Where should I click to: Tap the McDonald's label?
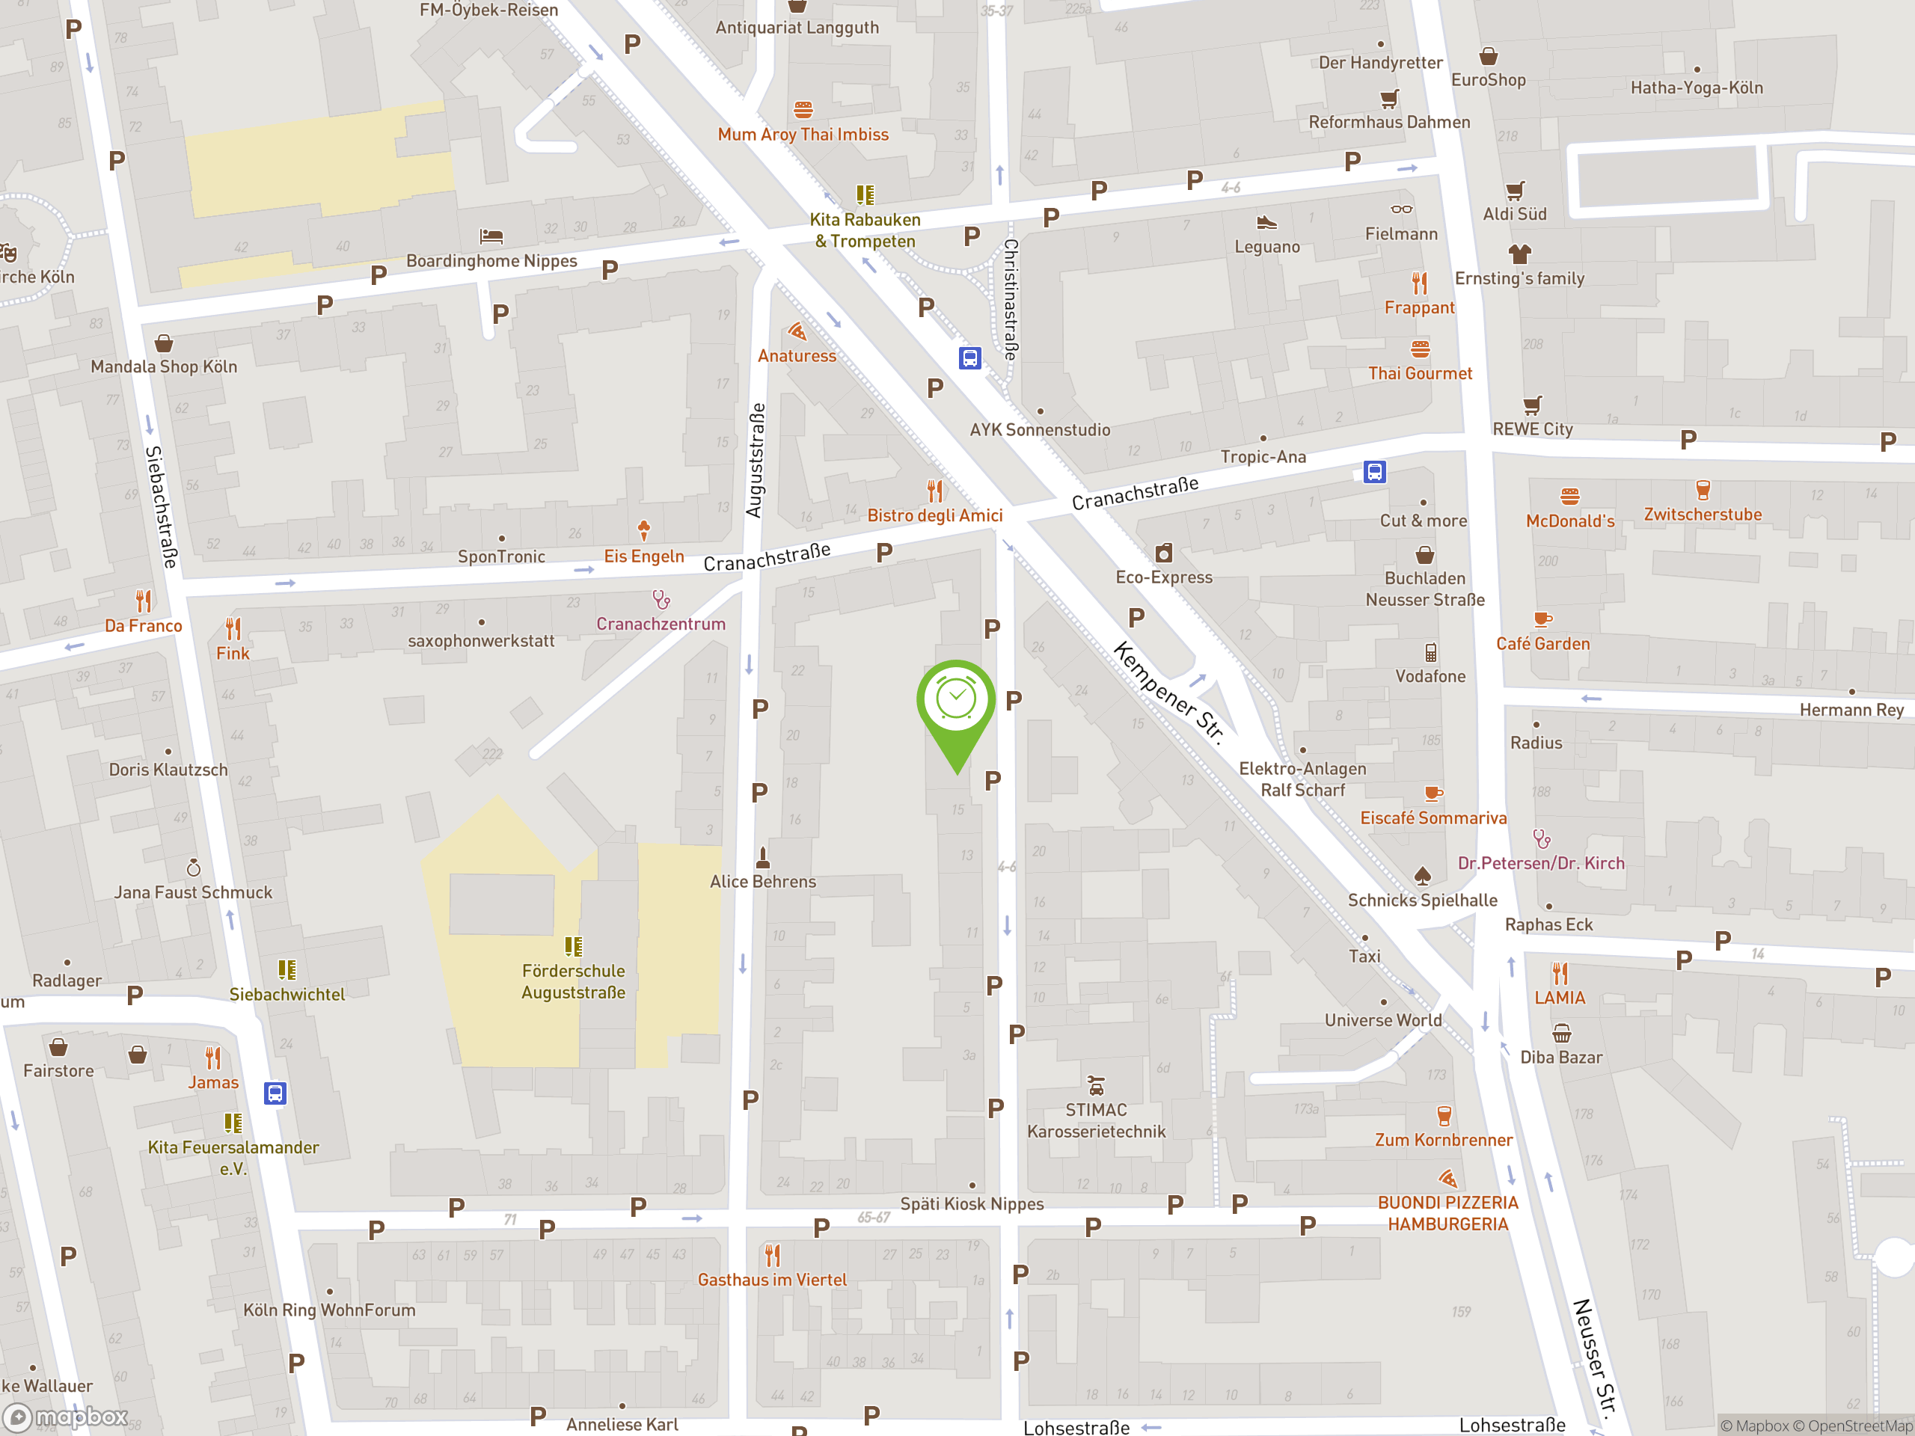1569,521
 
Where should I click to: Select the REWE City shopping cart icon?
1532,405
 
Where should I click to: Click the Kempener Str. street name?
1168,692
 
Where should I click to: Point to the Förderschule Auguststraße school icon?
573,946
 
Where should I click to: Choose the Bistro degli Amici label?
935,516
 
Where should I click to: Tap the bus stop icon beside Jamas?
275,1093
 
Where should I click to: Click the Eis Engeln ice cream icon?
643,529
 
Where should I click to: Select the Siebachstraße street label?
161,507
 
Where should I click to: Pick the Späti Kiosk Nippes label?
972,1204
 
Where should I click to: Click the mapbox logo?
67,1417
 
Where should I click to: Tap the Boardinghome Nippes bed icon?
491,236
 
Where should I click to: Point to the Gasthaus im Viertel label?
772,1280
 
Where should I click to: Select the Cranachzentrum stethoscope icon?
661,599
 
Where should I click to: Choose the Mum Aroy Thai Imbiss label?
803,134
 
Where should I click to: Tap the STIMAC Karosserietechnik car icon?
1096,1085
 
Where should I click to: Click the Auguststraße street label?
756,461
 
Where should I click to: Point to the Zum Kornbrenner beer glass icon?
1443,1115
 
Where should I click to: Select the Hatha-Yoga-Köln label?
1696,88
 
